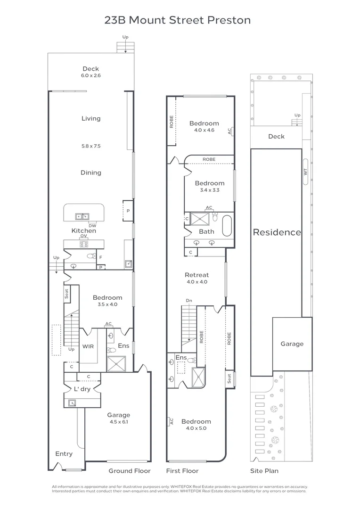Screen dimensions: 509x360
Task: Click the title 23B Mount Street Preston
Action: coord(177,20)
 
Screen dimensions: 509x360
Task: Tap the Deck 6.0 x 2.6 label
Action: coord(90,72)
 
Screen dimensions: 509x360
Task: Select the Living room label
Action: coord(91,119)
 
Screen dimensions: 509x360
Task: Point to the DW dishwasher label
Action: coord(92,225)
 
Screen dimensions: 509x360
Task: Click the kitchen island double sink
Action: coord(83,217)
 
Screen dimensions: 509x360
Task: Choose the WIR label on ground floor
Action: coord(88,346)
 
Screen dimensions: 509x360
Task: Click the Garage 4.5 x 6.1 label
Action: coord(118,418)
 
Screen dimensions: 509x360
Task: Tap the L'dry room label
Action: coord(82,389)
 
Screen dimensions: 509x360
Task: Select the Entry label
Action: coord(64,454)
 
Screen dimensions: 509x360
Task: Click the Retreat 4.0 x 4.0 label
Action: coord(197,278)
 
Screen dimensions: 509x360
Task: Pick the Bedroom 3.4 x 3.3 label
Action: coord(210,186)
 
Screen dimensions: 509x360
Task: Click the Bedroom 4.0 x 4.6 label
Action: coord(204,126)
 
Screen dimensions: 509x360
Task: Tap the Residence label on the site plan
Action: coord(277,232)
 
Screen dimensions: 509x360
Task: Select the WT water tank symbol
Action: coord(305,172)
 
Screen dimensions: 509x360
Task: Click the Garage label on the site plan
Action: coord(292,344)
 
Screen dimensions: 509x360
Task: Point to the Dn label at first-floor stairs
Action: coord(189,300)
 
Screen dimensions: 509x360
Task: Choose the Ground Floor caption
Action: coord(130,471)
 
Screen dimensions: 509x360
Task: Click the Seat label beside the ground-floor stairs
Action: coord(66,293)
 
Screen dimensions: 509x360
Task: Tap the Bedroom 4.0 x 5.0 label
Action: coord(196,425)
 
